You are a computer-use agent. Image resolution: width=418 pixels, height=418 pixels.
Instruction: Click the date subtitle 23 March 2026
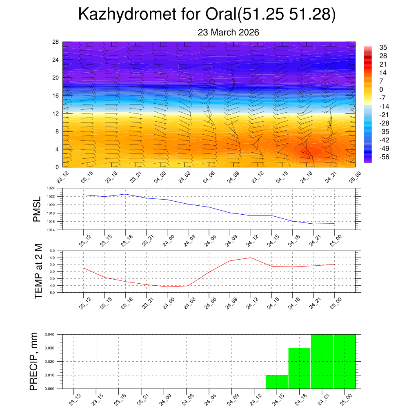[228, 32]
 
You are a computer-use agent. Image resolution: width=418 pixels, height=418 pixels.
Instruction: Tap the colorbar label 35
[383, 47]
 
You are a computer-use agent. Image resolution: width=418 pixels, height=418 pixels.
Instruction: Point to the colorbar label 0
[381, 89]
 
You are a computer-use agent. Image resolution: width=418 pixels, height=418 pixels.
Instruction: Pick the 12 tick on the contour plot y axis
[56, 113]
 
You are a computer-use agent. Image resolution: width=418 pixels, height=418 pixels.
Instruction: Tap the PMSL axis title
[37, 209]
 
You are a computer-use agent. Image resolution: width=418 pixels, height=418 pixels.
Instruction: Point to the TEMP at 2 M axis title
[38, 271]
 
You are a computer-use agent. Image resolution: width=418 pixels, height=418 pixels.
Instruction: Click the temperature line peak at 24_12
[251, 258]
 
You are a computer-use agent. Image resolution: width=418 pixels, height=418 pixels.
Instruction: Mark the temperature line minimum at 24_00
[167, 287]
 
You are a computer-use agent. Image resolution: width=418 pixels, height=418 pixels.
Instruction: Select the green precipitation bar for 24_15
[277, 382]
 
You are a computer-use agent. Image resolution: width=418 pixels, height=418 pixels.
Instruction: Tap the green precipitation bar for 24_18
[299, 368]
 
